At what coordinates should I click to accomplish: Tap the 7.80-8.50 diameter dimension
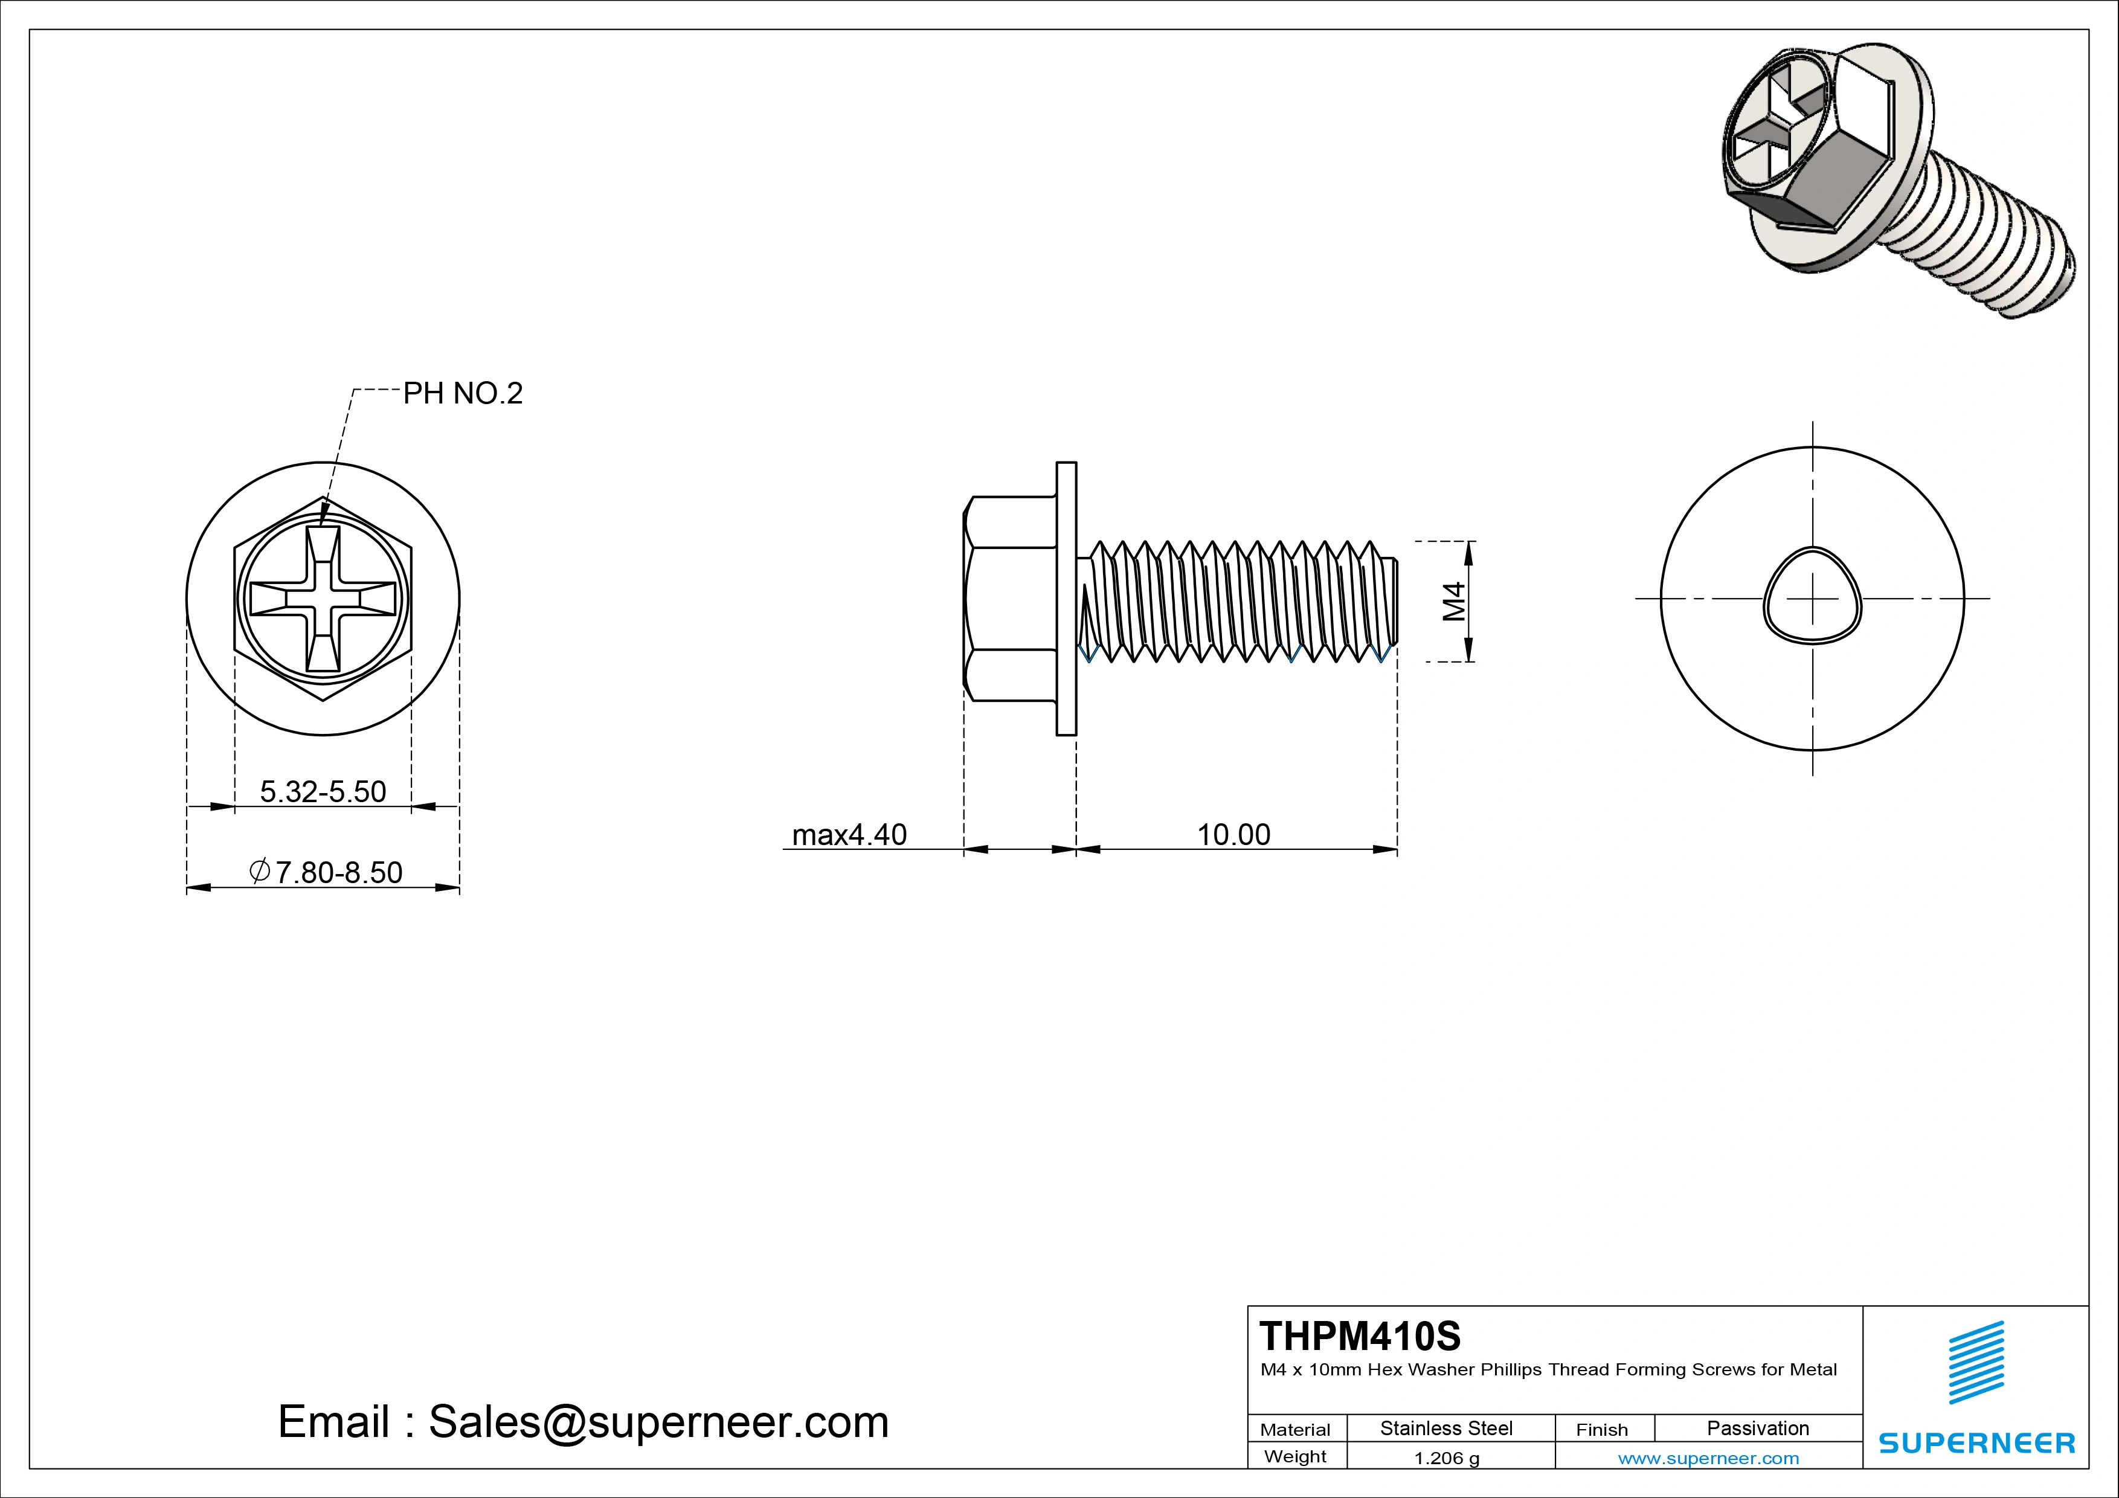tap(327, 872)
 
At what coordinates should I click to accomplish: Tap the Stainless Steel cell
tap(1445, 1428)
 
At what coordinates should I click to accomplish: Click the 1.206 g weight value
tap(1446, 1458)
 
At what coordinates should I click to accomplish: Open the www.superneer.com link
tap(1708, 1458)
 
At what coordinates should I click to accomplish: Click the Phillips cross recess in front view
tap(322, 598)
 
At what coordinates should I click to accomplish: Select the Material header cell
tap(1295, 1430)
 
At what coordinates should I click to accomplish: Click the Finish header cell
tap(1601, 1430)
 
